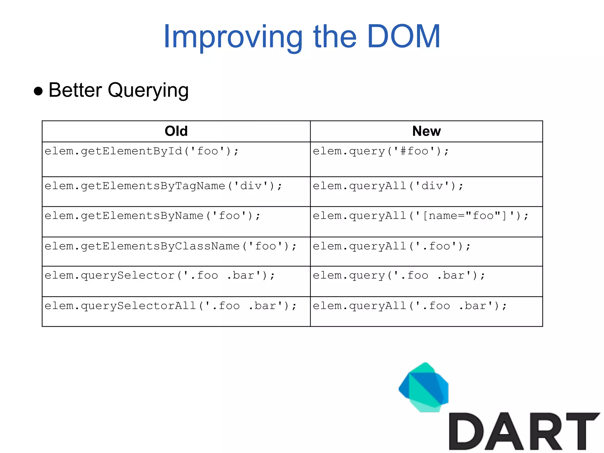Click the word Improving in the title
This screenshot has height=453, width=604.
click(233, 37)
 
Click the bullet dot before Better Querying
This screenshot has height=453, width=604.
click(38, 91)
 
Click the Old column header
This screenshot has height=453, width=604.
click(176, 131)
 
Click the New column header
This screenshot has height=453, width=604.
click(426, 131)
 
